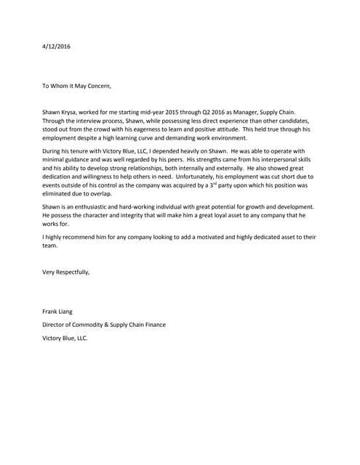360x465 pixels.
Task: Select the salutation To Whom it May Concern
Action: tap(77, 86)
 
